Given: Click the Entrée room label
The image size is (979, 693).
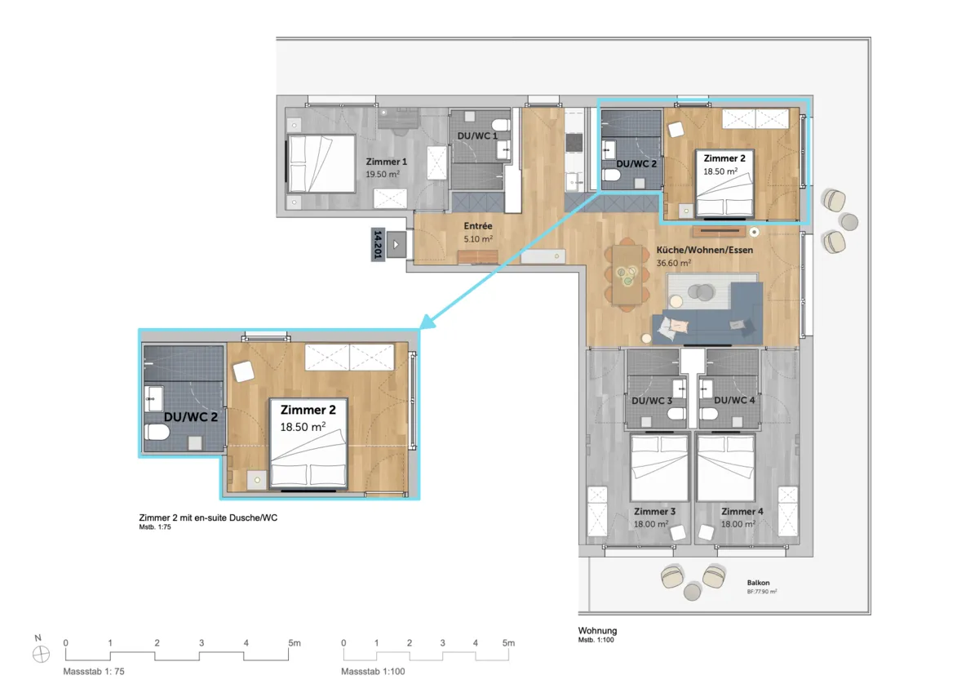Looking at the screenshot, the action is pyautogui.click(x=478, y=226).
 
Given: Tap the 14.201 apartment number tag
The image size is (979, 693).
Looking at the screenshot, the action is pyautogui.click(x=378, y=244).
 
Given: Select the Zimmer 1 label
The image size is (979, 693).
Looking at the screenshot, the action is pyautogui.click(x=387, y=162).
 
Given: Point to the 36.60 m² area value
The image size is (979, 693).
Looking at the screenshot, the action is pyautogui.click(x=674, y=263).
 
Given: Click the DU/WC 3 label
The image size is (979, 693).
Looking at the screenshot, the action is pyautogui.click(x=652, y=401).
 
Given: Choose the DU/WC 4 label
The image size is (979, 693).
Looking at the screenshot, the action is pyautogui.click(x=734, y=400).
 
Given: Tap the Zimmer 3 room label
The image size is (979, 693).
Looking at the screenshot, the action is pyautogui.click(x=654, y=512).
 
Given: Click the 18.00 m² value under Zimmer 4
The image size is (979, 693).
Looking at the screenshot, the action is pyautogui.click(x=738, y=524).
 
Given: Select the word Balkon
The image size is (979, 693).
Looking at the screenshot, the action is pyautogui.click(x=758, y=583).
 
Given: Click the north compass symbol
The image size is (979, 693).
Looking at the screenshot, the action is pyautogui.click(x=41, y=655).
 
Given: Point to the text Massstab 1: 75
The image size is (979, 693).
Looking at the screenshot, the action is pyautogui.click(x=94, y=672).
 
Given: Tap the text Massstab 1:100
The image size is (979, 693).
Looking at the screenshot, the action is pyautogui.click(x=373, y=672).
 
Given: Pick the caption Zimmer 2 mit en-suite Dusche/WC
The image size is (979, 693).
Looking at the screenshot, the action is pyautogui.click(x=208, y=518).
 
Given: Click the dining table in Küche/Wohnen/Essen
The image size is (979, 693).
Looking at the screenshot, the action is pyautogui.click(x=627, y=274).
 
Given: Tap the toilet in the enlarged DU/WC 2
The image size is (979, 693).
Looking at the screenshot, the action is pyautogui.click(x=157, y=433).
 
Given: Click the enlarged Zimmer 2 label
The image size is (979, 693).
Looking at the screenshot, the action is pyautogui.click(x=308, y=410).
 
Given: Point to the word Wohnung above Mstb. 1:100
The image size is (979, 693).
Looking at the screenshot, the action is pyautogui.click(x=597, y=631).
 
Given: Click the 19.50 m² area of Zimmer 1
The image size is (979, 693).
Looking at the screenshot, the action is pyautogui.click(x=383, y=175).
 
